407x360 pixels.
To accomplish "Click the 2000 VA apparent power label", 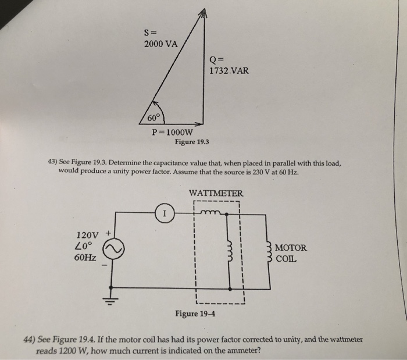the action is tap(161, 43).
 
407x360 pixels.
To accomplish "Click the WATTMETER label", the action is tap(216, 193).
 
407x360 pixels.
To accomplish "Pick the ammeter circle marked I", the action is tap(165, 214).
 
